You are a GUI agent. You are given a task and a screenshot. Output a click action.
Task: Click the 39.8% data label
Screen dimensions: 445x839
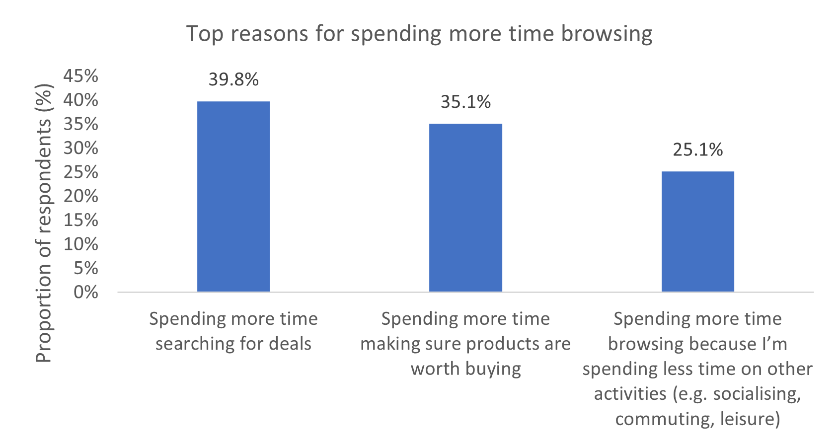[233, 79]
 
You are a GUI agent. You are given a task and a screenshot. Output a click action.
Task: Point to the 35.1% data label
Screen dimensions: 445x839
[465, 102]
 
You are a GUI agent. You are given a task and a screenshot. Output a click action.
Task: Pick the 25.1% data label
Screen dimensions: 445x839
[697, 149]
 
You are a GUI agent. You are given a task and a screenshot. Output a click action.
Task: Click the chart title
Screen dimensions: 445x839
[419, 34]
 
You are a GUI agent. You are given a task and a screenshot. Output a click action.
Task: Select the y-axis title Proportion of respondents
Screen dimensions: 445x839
[44, 223]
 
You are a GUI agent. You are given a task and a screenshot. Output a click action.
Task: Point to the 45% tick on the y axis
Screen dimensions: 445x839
[81, 76]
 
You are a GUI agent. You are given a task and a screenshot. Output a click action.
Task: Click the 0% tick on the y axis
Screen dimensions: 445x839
[86, 292]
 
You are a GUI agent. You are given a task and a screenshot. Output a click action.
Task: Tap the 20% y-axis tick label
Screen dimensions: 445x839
[81, 196]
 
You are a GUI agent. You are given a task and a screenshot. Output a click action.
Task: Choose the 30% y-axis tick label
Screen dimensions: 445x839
[81, 148]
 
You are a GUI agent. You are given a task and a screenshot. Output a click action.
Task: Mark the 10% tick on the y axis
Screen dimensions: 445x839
[81, 244]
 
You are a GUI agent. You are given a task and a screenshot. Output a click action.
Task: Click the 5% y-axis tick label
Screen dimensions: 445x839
[86, 268]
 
